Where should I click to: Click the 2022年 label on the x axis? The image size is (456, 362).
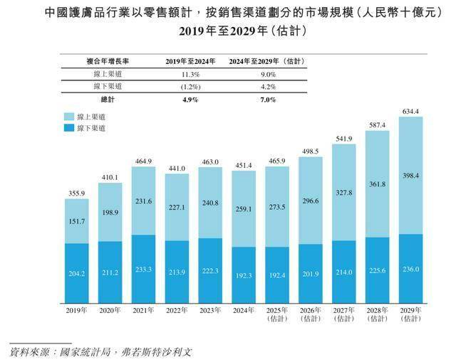(x=177, y=309)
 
